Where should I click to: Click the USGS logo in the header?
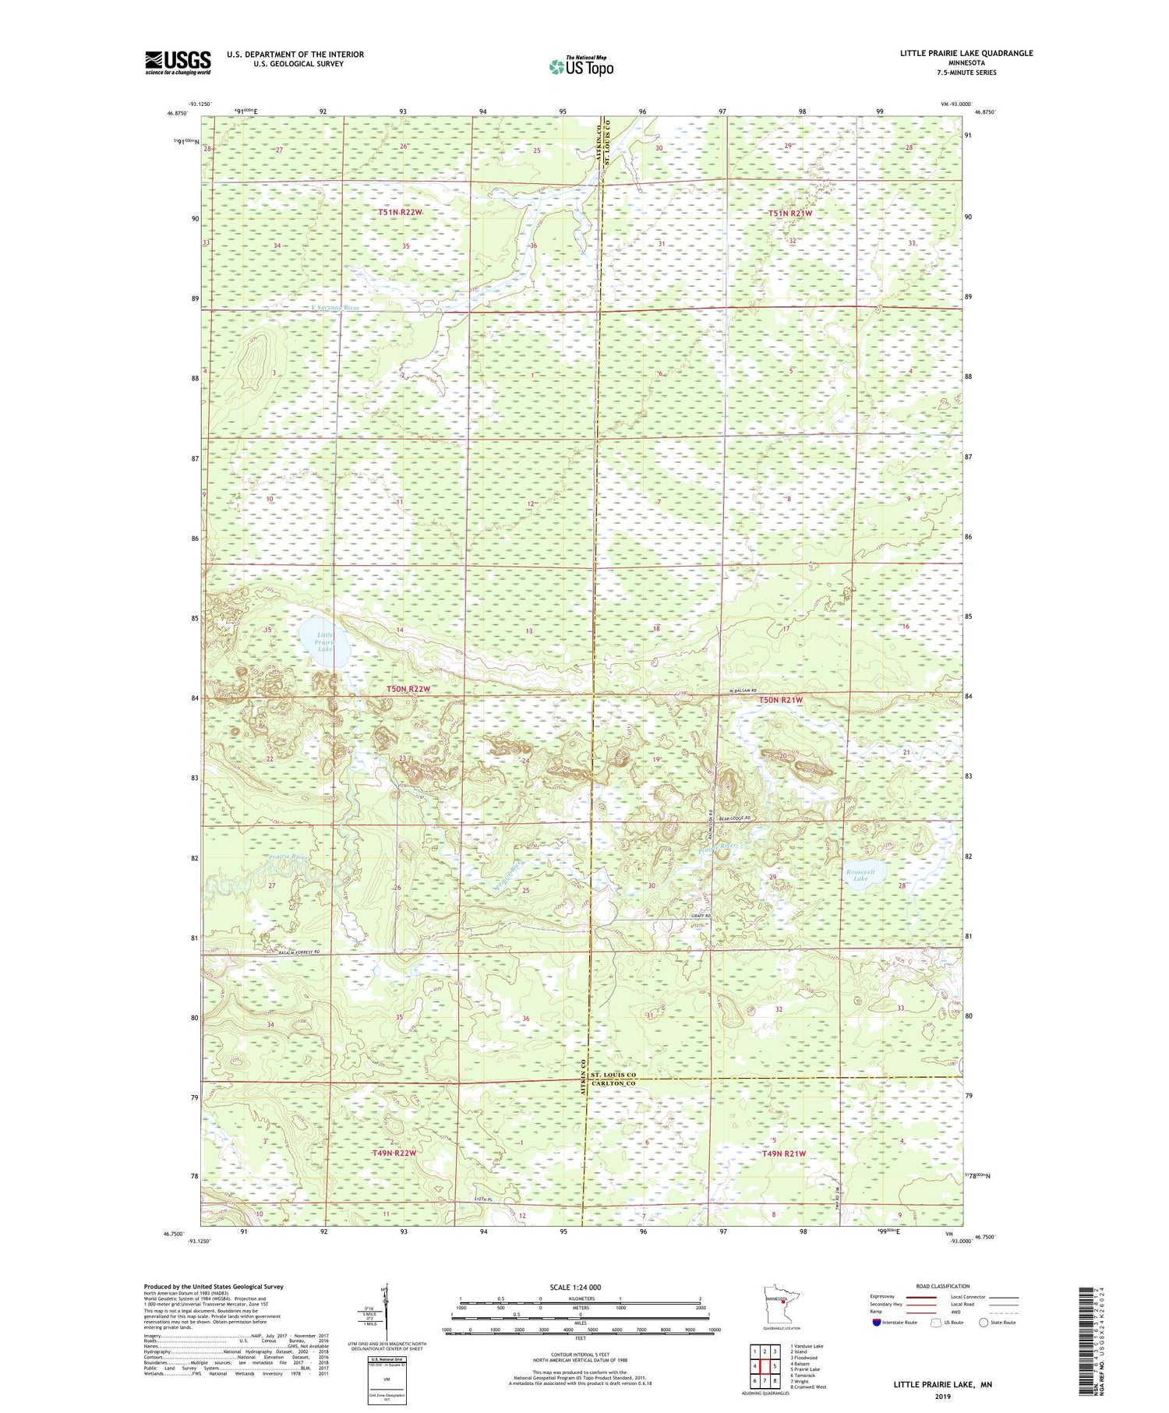tap(178, 62)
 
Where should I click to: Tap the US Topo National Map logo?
tap(581, 66)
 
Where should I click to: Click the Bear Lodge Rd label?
tap(734, 818)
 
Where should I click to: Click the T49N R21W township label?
tap(783, 1153)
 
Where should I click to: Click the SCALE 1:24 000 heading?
tap(580, 1287)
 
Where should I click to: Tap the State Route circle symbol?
tap(984, 1323)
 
